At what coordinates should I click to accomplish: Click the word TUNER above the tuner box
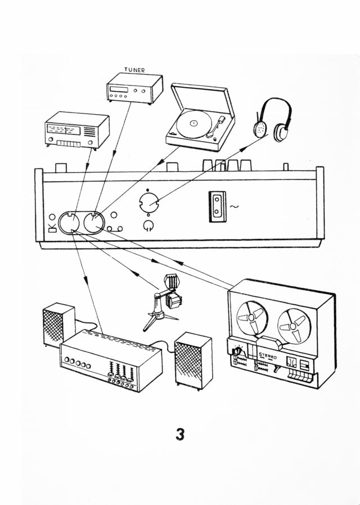click(134, 70)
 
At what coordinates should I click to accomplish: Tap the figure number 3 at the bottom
click(179, 434)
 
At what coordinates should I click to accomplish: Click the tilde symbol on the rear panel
click(233, 207)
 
